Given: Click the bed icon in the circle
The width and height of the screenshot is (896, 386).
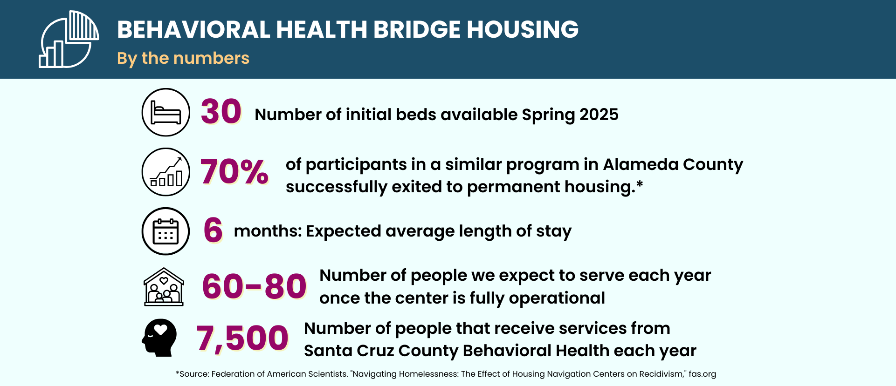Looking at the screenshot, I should pyautogui.click(x=165, y=113).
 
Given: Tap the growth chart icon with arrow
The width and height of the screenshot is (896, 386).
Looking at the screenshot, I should pyautogui.click(x=165, y=172).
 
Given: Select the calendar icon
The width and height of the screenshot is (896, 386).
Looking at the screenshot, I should pyautogui.click(x=165, y=231).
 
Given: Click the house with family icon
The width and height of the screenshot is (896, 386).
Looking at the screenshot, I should pyautogui.click(x=164, y=287).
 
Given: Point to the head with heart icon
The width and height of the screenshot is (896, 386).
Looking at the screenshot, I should pyautogui.click(x=159, y=338).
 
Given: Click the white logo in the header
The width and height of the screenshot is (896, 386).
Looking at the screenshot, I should pyautogui.click(x=69, y=40).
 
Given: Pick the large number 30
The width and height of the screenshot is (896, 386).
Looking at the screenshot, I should pyautogui.click(x=221, y=112).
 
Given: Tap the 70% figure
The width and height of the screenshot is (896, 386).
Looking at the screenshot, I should pyautogui.click(x=234, y=172).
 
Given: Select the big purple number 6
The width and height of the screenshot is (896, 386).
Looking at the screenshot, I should pyautogui.click(x=213, y=230).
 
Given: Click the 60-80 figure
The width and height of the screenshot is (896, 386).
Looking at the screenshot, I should pyautogui.click(x=254, y=286).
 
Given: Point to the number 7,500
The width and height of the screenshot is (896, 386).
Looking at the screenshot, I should pyautogui.click(x=242, y=338).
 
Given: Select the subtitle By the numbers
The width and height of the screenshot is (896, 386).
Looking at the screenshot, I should pyautogui.click(x=183, y=58).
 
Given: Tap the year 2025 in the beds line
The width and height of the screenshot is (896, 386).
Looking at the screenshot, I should pyautogui.click(x=599, y=115).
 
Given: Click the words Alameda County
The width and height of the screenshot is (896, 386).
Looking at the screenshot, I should pyautogui.click(x=673, y=164).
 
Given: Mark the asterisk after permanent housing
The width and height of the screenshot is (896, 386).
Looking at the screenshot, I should pyautogui.click(x=640, y=184).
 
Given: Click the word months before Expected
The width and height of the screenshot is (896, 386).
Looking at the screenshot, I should pyautogui.click(x=268, y=231).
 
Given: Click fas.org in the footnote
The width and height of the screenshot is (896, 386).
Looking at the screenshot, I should pyautogui.click(x=702, y=374).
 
